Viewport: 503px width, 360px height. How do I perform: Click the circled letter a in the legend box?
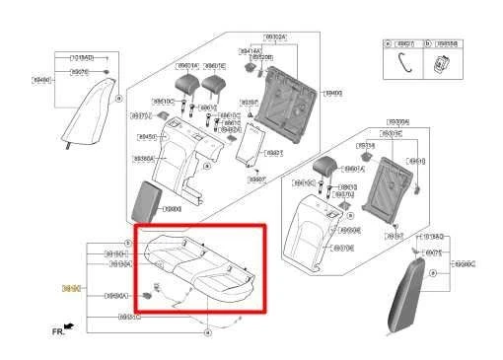(x=390, y=44)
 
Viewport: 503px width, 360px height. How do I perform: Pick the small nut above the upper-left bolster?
(x=108, y=73)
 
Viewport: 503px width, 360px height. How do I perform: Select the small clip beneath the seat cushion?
(x=148, y=293)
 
